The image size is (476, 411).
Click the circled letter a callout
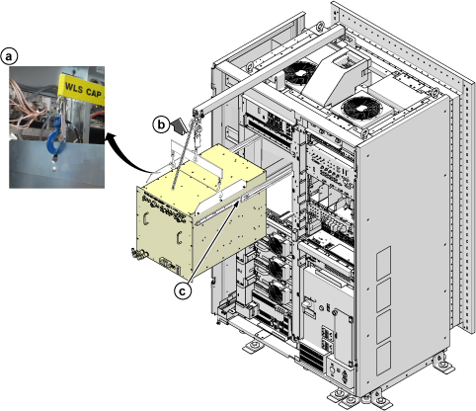(x=9, y=56)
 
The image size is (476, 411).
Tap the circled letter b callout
(x=161, y=124)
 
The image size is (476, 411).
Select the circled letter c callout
(x=183, y=291)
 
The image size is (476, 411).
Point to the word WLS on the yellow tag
(x=74, y=88)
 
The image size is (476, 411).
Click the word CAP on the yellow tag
(x=94, y=93)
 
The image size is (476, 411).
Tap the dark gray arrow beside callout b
(x=179, y=126)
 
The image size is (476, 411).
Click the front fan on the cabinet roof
(x=360, y=109)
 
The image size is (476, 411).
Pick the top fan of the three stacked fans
(x=276, y=243)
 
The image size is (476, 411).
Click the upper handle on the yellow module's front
(x=145, y=217)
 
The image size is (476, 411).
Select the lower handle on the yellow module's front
(x=179, y=238)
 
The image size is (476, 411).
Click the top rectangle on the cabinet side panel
(x=383, y=264)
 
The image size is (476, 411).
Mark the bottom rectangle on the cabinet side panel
(x=383, y=359)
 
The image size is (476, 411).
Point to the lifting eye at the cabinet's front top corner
(x=364, y=133)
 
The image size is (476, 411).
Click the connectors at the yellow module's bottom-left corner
(x=138, y=254)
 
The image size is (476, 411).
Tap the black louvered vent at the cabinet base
(x=311, y=358)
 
